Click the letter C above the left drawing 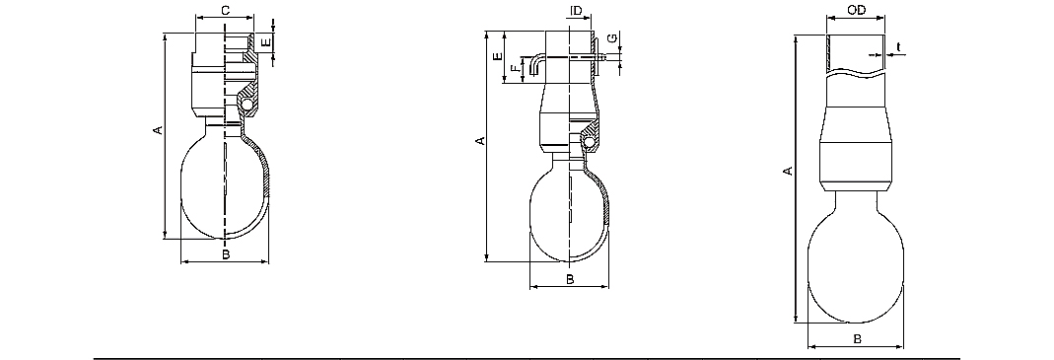tap(226, 10)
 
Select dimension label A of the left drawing tap(158, 129)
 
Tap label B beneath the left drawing tap(227, 253)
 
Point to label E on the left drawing tap(266, 42)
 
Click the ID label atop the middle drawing tap(576, 12)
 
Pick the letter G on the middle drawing tap(610, 38)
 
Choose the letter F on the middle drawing tap(515, 68)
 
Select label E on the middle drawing tap(498, 56)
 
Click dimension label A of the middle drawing tap(480, 141)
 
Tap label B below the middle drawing tap(569, 278)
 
